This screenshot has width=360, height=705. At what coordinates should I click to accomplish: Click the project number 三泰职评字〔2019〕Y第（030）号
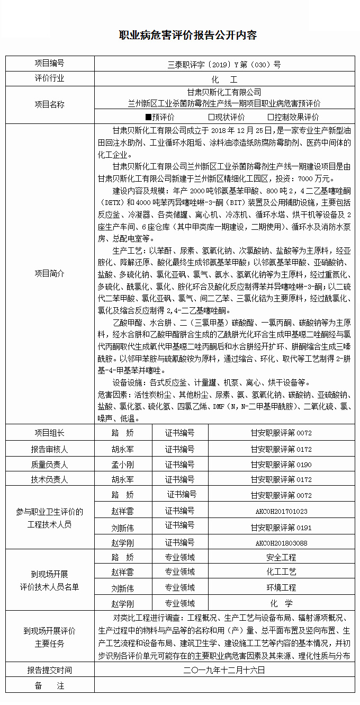[224, 64]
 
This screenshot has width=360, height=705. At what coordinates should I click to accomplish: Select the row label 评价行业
[50, 78]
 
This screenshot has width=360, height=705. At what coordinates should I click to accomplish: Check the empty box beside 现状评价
[211, 117]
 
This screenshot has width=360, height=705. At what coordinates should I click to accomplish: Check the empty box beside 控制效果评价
[271, 117]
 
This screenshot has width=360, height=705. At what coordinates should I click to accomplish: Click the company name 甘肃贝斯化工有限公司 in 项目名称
[224, 92]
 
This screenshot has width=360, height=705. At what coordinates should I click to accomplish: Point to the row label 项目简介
[50, 273]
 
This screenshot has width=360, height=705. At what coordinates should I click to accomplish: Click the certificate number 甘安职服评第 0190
[281, 465]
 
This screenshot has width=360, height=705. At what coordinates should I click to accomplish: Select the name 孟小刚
[122, 465]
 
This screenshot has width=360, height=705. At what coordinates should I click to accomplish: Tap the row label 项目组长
[50, 433]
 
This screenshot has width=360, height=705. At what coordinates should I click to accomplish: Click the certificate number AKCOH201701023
[281, 512]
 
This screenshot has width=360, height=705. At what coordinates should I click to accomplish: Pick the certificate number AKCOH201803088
[281, 543]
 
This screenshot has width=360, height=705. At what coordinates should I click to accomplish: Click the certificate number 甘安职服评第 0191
[281, 528]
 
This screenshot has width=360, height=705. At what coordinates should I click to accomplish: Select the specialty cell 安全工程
[281, 557]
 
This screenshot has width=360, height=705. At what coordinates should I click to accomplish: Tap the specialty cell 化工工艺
[281, 572]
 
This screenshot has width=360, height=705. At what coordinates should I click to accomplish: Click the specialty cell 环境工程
[281, 588]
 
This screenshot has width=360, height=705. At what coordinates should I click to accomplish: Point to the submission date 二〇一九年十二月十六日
[224, 670]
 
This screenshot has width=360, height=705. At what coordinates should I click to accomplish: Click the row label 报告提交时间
[50, 670]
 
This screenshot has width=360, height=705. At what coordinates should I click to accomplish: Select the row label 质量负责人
[50, 465]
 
